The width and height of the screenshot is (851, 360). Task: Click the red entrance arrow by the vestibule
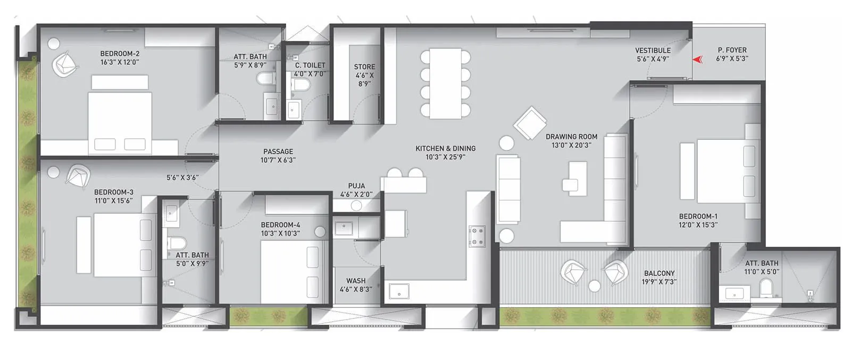[697, 59]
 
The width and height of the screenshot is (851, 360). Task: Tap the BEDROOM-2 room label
[120, 54]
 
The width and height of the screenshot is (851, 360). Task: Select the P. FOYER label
[732, 51]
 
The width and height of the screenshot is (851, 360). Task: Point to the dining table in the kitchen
[445, 83]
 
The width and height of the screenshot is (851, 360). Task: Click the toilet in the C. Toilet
[301, 85]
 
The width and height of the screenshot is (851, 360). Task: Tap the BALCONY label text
[659, 273]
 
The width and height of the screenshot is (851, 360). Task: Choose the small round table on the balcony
[595, 286]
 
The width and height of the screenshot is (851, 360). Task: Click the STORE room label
[364, 67]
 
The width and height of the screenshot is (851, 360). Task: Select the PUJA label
[356, 187]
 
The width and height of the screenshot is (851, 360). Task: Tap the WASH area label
[356, 281]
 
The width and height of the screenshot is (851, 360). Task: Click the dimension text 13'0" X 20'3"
[571, 145]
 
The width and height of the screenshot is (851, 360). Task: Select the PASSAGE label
[278, 152]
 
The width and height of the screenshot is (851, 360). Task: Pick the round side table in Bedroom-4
[320, 232]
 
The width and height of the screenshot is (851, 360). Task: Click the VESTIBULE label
[653, 51]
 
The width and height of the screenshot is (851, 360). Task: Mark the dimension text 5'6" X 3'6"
[182, 178]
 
